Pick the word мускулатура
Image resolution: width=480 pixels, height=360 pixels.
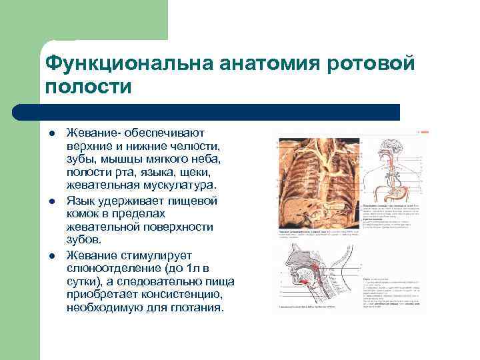(x=179, y=185)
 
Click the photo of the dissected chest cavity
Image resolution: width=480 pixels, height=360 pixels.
(x=317, y=183)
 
